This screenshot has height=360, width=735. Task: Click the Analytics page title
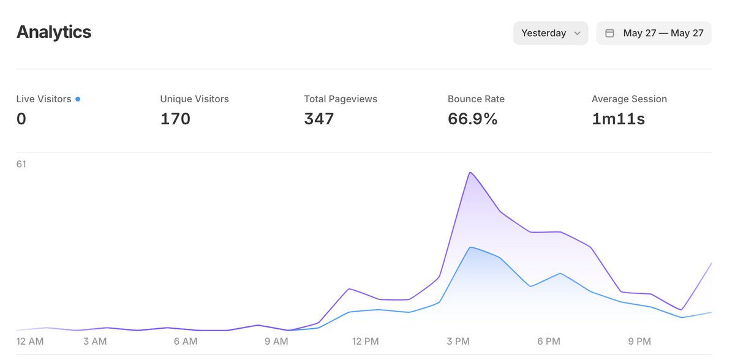pyautogui.click(x=54, y=32)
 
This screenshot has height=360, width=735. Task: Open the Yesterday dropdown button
pyautogui.click(x=550, y=33)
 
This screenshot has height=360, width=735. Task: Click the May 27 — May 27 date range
pyautogui.click(x=663, y=33)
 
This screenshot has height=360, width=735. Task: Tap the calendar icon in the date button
pyautogui.click(x=610, y=33)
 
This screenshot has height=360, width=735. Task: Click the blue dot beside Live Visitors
pyautogui.click(x=78, y=99)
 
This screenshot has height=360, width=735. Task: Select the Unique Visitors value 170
pyautogui.click(x=175, y=119)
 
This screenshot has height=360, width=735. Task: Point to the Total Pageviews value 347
pyautogui.click(x=318, y=119)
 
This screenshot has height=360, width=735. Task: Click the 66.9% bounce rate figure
pyautogui.click(x=472, y=119)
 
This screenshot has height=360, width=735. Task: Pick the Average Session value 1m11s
pyautogui.click(x=618, y=119)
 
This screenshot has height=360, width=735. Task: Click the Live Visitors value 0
pyautogui.click(x=21, y=119)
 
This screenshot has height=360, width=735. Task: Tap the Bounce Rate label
pyautogui.click(x=476, y=99)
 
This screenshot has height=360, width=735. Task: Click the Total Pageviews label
pyautogui.click(x=341, y=99)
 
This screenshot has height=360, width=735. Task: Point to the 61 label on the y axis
pyautogui.click(x=21, y=163)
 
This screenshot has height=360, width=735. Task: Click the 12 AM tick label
pyautogui.click(x=29, y=341)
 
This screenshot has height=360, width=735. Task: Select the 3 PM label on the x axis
pyautogui.click(x=458, y=341)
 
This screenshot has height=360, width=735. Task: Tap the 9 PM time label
pyautogui.click(x=639, y=341)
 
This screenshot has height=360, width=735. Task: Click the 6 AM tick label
pyautogui.click(x=185, y=341)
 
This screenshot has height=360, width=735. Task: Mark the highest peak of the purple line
pyautogui.click(x=470, y=173)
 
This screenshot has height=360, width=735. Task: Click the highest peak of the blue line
pyautogui.click(x=470, y=247)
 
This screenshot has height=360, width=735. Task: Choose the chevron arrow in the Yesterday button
pyautogui.click(x=577, y=34)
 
